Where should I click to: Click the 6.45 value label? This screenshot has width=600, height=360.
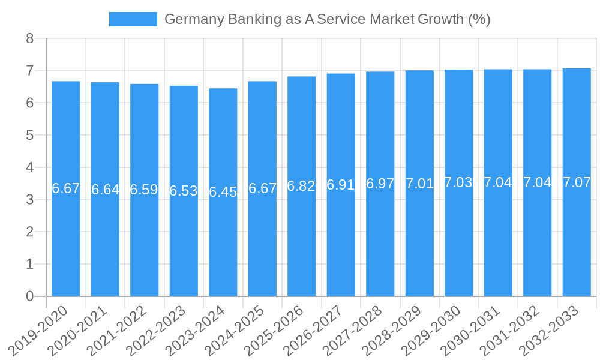point(223,192)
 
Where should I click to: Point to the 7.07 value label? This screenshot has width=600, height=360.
point(577,183)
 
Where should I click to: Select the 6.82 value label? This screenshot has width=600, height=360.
point(301,186)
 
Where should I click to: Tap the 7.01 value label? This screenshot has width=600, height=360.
point(419,184)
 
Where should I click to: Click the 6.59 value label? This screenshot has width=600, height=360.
point(144,190)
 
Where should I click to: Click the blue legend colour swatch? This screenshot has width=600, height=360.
point(133,19)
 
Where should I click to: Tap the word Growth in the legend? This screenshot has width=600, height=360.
point(440,19)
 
